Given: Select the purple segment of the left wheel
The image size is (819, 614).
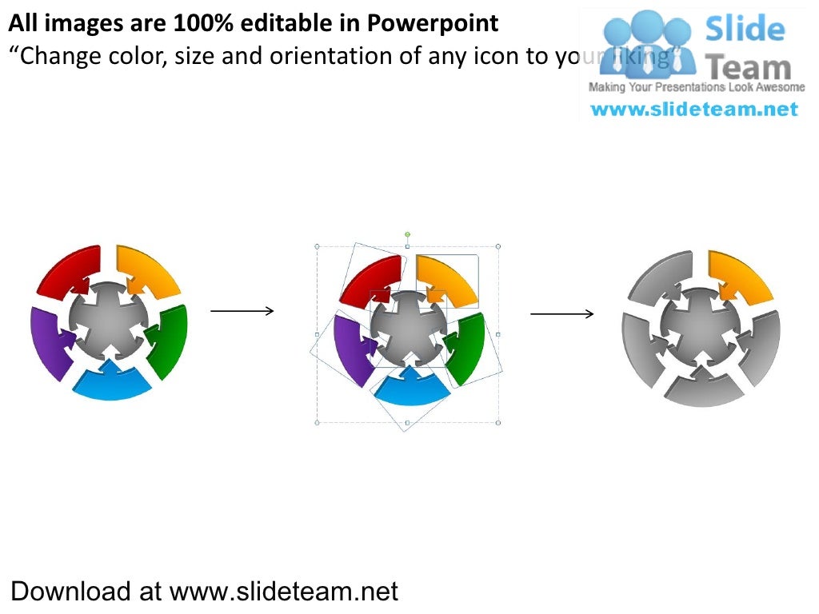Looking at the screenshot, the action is (46, 340).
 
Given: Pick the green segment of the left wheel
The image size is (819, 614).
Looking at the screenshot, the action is (171, 340).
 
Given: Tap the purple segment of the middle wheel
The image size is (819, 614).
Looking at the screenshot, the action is (349, 349).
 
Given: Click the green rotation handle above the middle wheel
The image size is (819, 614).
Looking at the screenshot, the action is (407, 234).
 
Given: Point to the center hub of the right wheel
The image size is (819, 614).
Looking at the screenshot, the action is (701, 326).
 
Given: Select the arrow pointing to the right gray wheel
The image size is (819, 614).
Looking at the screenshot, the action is (562, 314).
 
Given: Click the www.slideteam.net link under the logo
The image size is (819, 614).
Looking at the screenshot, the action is (694, 110).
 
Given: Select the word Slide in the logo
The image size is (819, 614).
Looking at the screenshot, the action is (744, 30).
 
